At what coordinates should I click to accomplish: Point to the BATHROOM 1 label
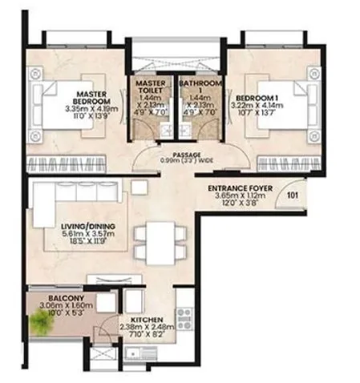[x=196, y=83]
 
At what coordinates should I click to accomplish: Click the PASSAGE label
[x=186, y=154]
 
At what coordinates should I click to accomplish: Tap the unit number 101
[x=292, y=193]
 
